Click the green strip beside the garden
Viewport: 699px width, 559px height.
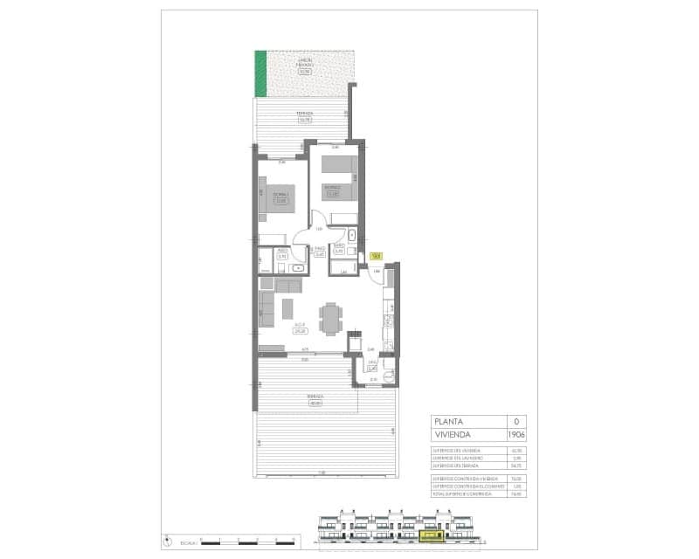coord(260,74)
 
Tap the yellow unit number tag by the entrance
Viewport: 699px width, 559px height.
coord(376,256)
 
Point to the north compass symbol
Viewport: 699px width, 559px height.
coord(166,541)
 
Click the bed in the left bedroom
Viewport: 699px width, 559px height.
coord(281,197)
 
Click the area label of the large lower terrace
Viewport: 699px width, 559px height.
coord(315,400)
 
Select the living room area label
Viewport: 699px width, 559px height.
coord(299,330)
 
